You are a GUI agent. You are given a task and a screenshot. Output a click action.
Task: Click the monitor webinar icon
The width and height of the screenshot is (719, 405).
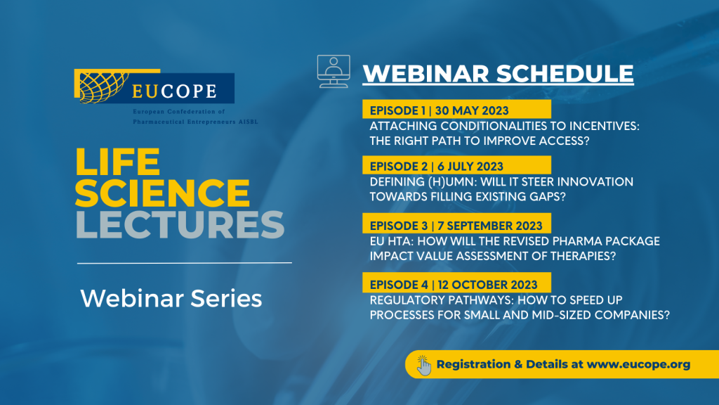coord(334,71)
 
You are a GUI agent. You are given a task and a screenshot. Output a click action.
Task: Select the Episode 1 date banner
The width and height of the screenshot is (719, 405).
coord(456,109)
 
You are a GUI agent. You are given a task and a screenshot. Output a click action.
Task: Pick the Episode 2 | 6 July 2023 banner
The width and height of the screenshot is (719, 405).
coord(456,165)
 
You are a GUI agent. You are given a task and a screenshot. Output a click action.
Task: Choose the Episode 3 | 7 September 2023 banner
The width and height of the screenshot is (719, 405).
coord(456,224)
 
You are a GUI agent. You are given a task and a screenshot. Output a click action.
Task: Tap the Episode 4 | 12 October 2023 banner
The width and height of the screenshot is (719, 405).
coord(456,283)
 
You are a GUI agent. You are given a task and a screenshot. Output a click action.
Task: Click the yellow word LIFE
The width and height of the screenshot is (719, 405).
coord(118,162)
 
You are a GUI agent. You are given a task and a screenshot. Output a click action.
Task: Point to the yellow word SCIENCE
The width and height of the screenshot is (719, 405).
coord(163,193)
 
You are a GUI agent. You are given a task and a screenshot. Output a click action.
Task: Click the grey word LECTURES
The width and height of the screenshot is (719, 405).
coord(180,224)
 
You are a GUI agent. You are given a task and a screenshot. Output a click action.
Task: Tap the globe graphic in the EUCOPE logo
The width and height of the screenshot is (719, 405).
coord(103,87)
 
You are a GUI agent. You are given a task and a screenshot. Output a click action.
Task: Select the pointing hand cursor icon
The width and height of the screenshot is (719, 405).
coord(423,365)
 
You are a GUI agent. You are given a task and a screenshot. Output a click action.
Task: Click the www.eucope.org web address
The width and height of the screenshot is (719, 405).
coord(638,365)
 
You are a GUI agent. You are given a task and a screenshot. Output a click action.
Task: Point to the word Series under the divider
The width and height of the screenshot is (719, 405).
coord(226,298)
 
